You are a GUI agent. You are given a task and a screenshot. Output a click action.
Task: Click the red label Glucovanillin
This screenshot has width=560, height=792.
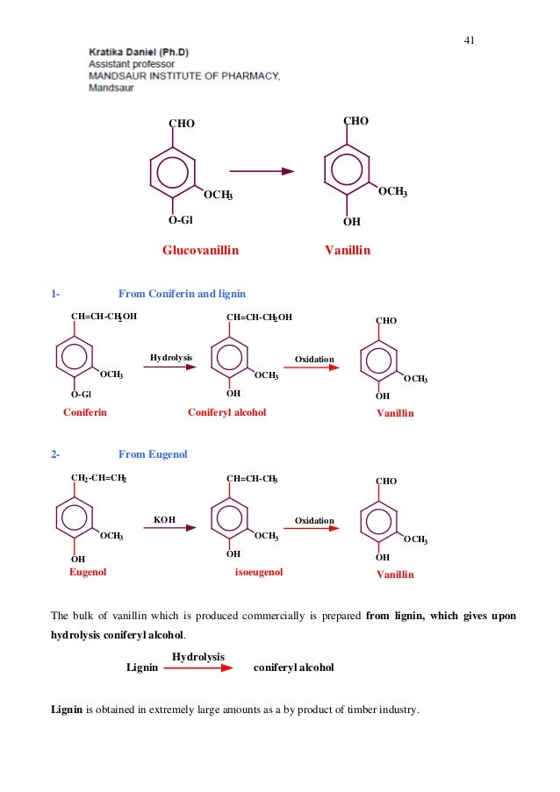[x=200, y=250]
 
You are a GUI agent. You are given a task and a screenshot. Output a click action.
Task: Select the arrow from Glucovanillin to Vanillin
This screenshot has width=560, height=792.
[x=262, y=172]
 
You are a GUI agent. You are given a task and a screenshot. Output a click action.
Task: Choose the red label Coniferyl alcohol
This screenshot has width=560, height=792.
[x=226, y=412]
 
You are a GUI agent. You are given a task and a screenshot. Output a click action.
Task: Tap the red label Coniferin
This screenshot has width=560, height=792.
[x=85, y=412]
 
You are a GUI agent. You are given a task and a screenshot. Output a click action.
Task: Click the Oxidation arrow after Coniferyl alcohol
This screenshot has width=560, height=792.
[x=312, y=368]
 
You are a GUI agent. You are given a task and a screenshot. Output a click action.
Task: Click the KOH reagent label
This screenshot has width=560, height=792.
[x=164, y=520]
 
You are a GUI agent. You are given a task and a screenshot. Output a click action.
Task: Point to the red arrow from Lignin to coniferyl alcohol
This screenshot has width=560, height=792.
[x=197, y=667]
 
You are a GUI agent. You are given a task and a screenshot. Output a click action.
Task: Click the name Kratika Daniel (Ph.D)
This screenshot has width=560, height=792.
[x=139, y=52]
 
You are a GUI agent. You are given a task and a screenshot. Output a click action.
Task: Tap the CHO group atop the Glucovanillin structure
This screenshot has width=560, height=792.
[x=182, y=124]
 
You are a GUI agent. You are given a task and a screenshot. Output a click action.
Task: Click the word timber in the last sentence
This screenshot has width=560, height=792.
[x=346, y=710]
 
